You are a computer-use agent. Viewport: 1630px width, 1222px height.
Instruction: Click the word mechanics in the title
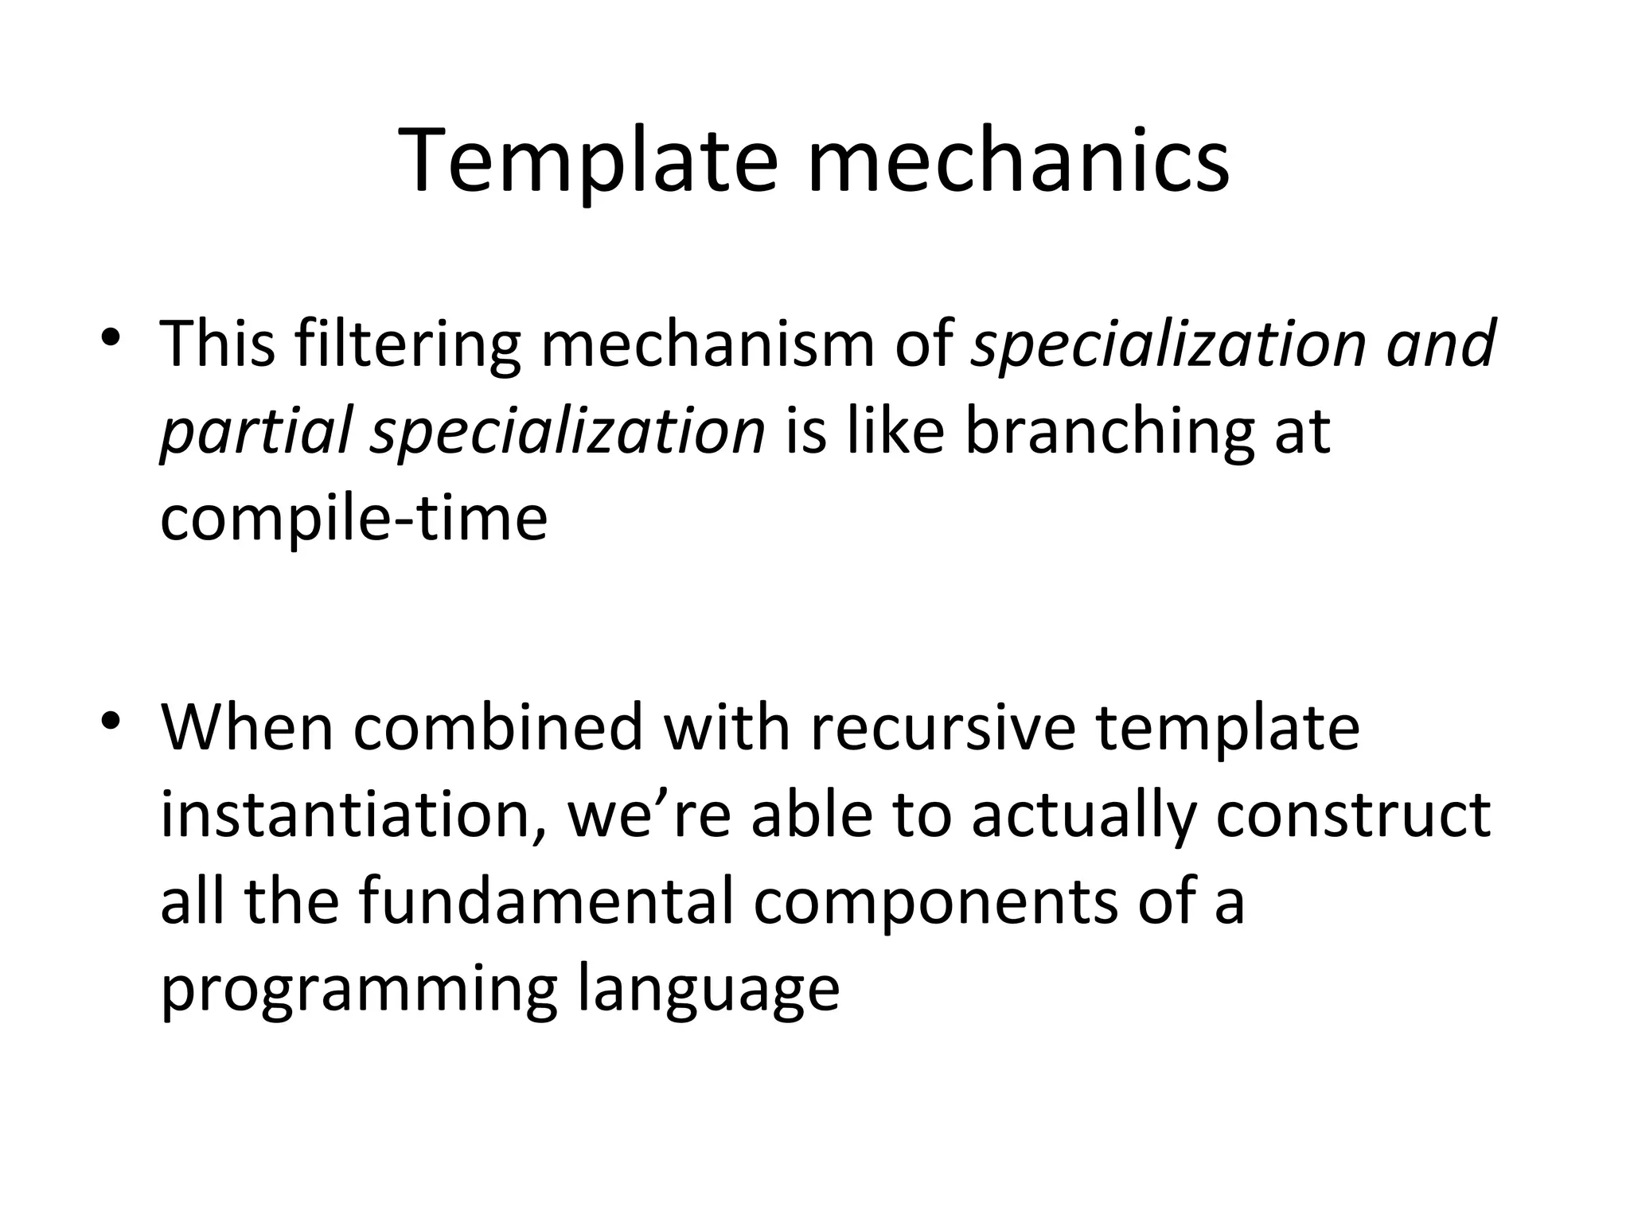click(x=1018, y=163)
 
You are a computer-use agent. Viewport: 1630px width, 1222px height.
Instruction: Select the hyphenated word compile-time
click(x=353, y=519)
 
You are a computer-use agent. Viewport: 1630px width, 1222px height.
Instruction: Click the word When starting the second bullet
click(x=247, y=727)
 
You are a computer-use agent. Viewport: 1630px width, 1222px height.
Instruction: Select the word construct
click(x=1353, y=815)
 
